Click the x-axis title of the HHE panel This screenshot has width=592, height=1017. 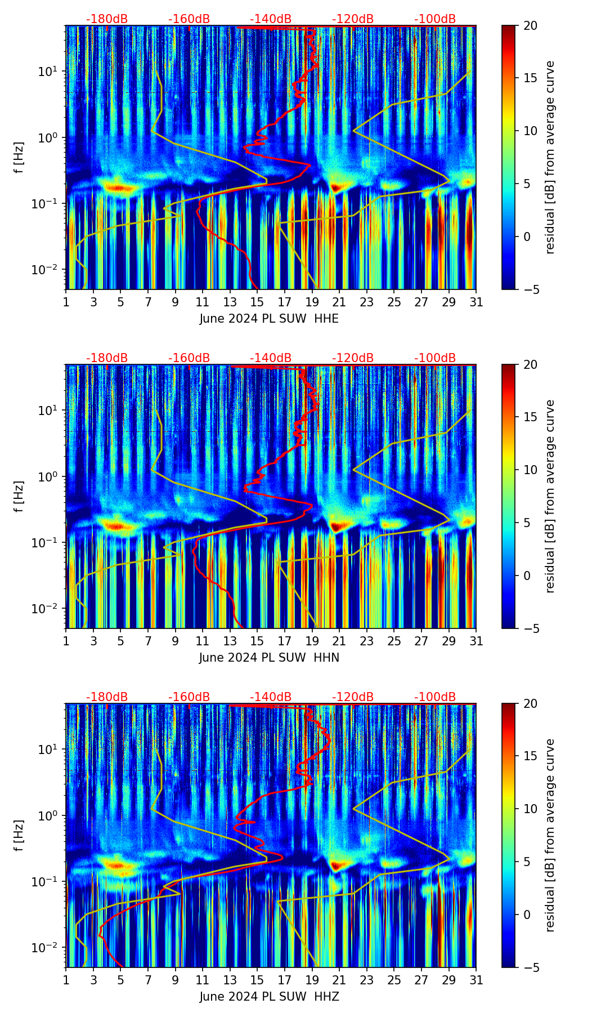pos(269,319)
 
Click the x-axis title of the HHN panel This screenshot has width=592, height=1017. pos(269,658)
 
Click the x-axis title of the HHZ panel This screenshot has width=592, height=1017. pos(269,997)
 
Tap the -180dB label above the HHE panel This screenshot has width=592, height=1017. pos(107,20)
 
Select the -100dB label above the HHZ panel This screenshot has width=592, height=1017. pos(435,697)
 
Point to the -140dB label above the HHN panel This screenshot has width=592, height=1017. pos(271,358)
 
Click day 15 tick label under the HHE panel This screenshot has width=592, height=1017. pos(257,302)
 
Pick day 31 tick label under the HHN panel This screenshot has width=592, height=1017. pos(476,641)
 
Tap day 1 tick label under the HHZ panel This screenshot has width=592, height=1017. pos(66,980)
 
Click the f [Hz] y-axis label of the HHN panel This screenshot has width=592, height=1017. pos(19,496)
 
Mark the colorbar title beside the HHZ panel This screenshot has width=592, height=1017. pos(550,835)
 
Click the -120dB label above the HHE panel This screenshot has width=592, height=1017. pos(353,20)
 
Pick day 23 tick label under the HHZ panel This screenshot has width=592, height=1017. pos(366,980)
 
